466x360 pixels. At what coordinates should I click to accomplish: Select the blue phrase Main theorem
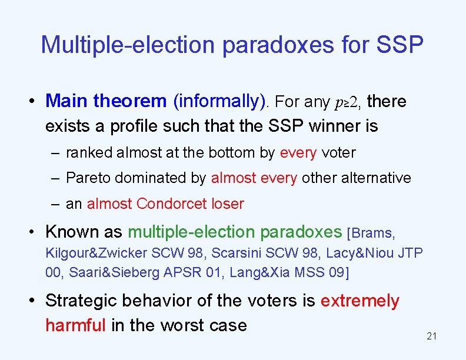click(x=106, y=101)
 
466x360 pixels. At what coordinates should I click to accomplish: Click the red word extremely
click(x=360, y=301)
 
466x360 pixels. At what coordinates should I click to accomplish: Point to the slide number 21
click(x=431, y=336)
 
